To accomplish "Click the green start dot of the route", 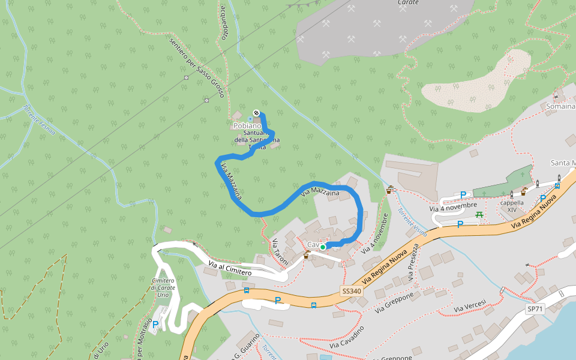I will [323, 247].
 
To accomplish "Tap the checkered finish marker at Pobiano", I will [256, 112].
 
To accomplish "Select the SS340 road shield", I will [352, 291].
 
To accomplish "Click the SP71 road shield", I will [535, 309].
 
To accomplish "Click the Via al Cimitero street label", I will [230, 268].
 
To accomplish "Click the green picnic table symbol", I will [479, 214].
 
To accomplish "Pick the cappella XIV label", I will [511, 206].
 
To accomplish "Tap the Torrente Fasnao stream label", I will [39, 120].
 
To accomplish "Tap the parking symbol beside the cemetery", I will [155, 325].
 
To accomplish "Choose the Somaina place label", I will [560, 106].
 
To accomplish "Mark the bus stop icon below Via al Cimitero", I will [246, 290].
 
